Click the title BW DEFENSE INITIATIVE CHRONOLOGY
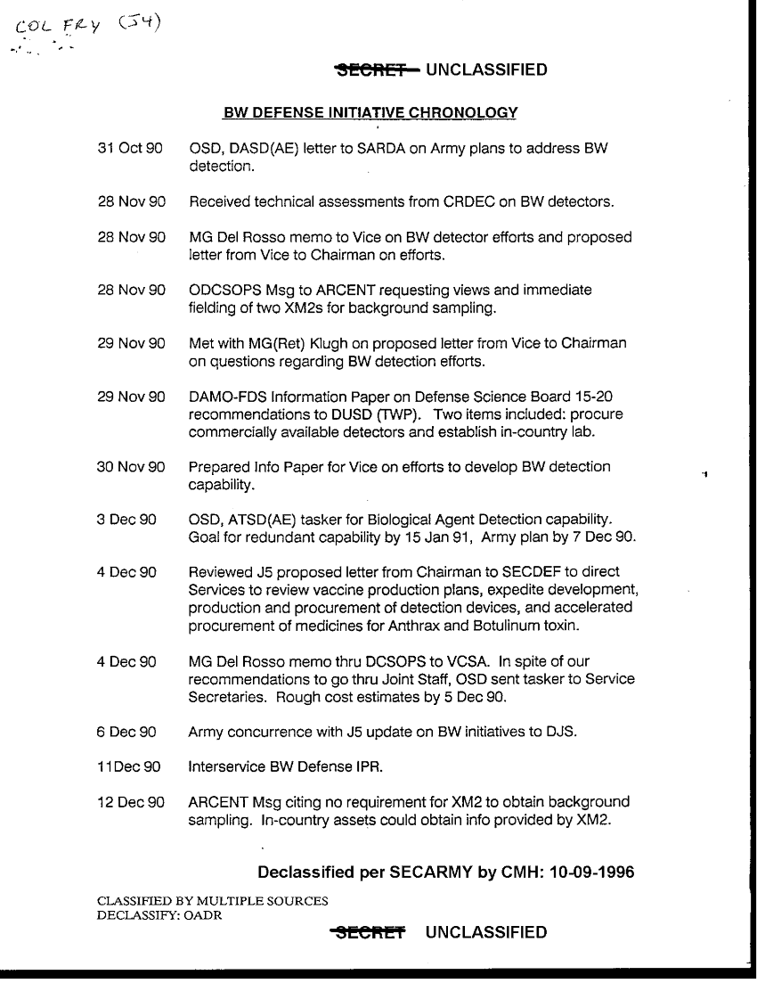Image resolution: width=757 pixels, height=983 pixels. click(370, 113)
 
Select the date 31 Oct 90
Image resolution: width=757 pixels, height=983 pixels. click(130, 149)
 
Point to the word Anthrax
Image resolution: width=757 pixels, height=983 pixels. click(422, 626)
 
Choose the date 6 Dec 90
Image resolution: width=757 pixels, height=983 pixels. click(127, 733)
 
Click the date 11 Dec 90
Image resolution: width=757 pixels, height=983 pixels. click(129, 767)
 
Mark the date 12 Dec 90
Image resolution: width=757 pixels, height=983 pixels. click(131, 802)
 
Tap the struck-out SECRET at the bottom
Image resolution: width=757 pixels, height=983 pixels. click(368, 933)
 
